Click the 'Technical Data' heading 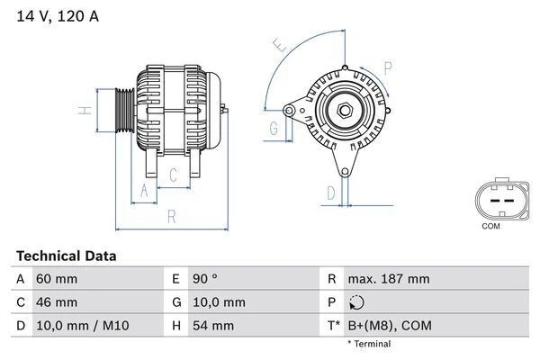[67, 256]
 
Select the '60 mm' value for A [56, 279]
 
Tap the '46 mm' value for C [56, 301]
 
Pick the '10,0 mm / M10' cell [78, 325]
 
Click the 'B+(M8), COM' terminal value [391, 325]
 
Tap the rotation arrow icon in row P [358, 302]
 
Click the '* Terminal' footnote [371, 344]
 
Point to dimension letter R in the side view [171, 216]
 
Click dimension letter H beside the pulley [83, 111]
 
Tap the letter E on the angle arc [280, 44]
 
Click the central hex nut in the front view [346, 112]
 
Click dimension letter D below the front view [330, 192]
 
